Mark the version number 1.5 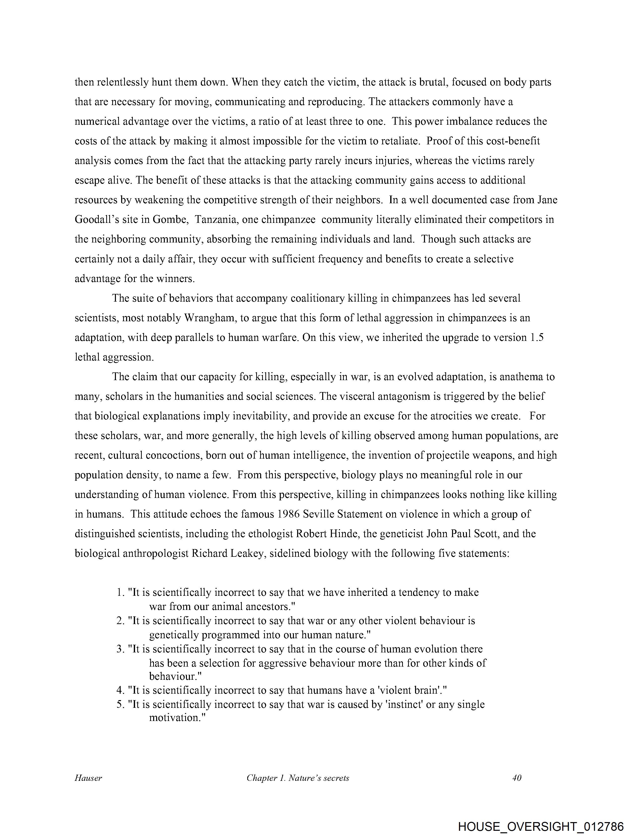click(x=537, y=338)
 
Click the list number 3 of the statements click(x=120, y=649)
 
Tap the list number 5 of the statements click(x=120, y=705)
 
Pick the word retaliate click(x=398, y=141)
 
